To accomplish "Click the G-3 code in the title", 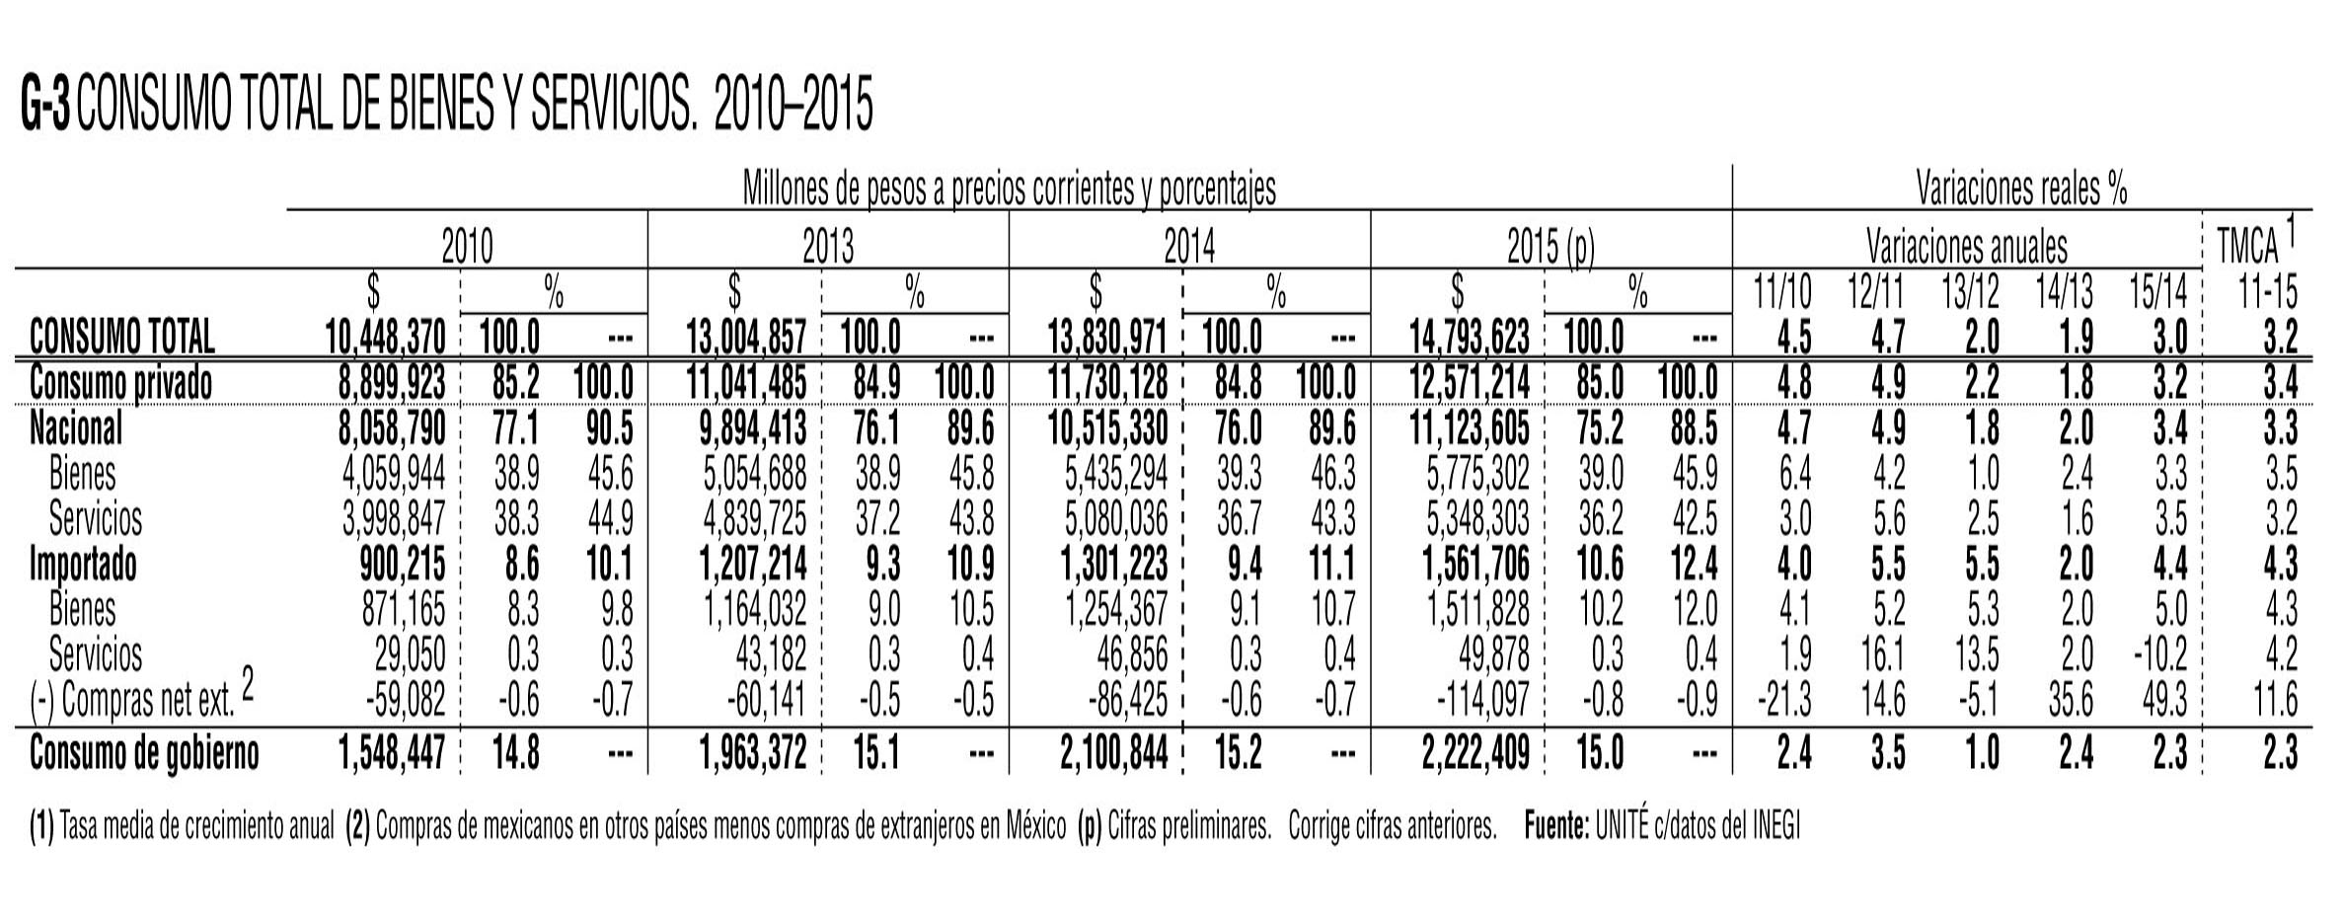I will coord(44,109).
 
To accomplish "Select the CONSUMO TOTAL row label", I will coord(122,338).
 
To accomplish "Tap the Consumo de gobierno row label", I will coord(144,753).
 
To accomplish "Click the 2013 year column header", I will coord(827,247).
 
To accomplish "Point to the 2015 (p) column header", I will coord(1550,247).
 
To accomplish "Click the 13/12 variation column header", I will coord(1969,292).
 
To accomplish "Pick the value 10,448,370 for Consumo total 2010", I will coord(386,338).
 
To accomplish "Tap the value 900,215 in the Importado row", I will coord(402,565).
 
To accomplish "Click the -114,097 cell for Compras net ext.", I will coord(1480,701).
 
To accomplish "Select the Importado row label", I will coord(83,565).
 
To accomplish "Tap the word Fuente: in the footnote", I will coord(1555,826).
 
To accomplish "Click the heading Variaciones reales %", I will coord(2020,188).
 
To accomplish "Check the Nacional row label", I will coord(76,428).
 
